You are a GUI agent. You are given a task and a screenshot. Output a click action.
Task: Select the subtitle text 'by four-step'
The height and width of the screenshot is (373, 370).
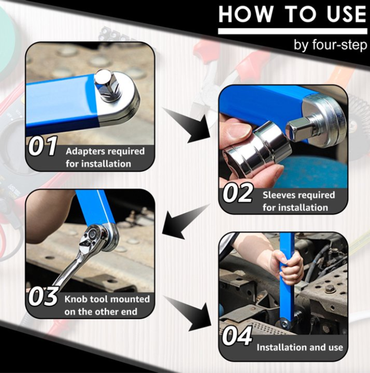coord(330,44)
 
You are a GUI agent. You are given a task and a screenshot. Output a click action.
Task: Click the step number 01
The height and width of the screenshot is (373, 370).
coord(43,146)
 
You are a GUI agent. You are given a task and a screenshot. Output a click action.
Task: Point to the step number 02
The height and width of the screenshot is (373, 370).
coord(237,193)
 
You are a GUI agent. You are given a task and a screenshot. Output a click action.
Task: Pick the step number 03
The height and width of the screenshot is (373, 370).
coord(43,296)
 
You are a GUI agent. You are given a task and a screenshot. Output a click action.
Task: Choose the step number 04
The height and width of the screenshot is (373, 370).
coord(237,336)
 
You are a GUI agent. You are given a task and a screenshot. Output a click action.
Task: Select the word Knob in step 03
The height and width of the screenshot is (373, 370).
coord(75,299)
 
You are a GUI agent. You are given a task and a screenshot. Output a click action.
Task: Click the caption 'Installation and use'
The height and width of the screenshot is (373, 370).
coord(300,347)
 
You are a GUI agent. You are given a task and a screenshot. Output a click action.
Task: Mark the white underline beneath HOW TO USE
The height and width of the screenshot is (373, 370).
coord(292,31)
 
